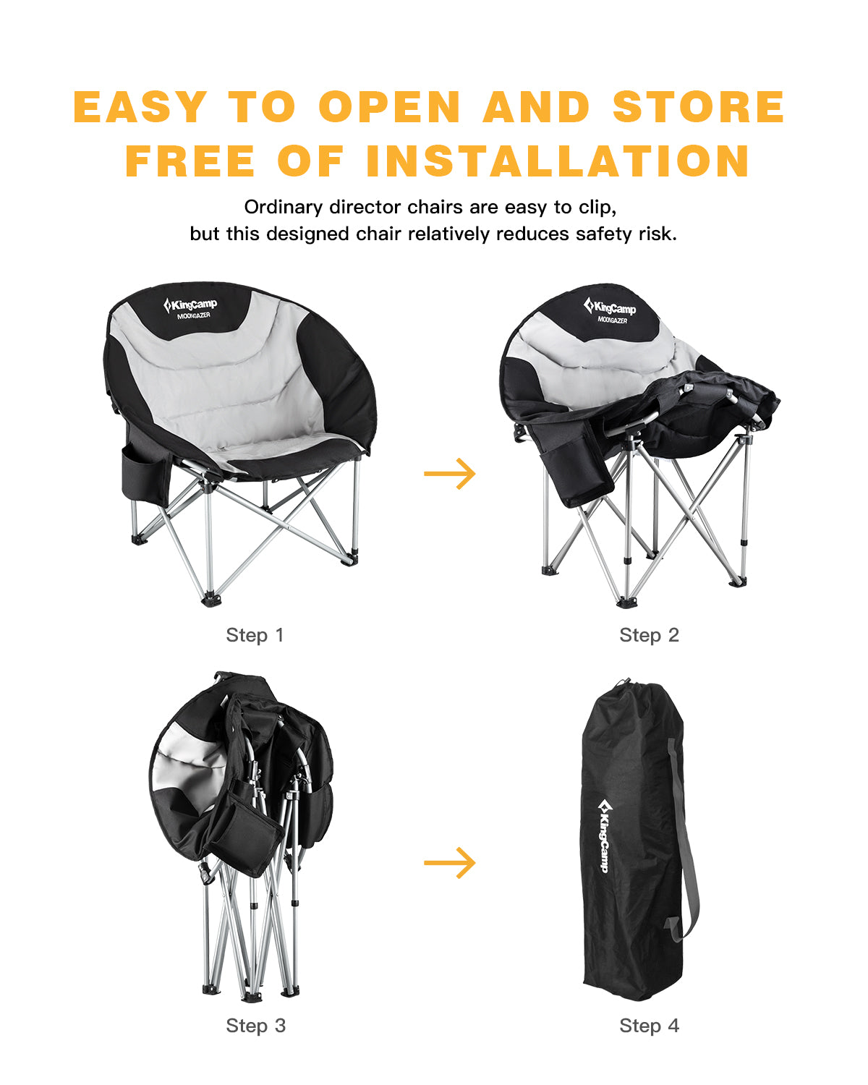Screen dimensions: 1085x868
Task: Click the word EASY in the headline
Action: click(141, 108)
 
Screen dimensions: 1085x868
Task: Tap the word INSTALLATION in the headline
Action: click(558, 161)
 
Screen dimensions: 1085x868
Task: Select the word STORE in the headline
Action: click(698, 108)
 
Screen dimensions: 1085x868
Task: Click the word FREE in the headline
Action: click(190, 161)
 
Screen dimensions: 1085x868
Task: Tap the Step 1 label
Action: click(255, 635)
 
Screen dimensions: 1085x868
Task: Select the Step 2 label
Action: click(649, 635)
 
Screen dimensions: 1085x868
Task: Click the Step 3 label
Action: click(255, 1026)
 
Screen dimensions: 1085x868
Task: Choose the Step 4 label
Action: click(649, 1026)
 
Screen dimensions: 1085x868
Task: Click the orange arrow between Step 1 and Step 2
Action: click(450, 474)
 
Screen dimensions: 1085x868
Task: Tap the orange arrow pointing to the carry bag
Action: click(450, 862)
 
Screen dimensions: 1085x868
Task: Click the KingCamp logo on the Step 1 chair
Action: click(190, 305)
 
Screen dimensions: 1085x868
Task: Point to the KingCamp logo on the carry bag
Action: click(604, 835)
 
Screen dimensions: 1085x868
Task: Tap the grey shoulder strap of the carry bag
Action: click(684, 839)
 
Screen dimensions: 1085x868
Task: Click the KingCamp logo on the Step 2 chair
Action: click(610, 307)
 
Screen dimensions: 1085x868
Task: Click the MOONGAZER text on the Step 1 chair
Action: click(193, 315)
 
